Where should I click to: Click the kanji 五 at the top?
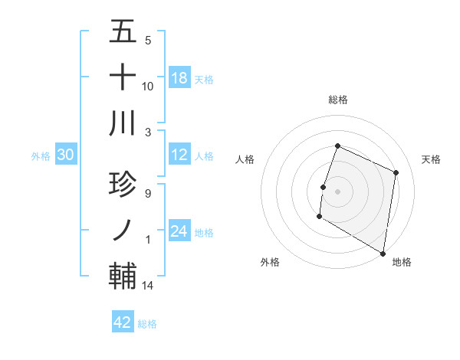coord(123,31)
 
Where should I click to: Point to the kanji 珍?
coord(123,184)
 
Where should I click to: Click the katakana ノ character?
coord(123,229)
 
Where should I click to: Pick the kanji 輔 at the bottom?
coord(123,276)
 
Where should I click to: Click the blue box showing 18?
coord(179,77)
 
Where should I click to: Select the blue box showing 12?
coord(179,155)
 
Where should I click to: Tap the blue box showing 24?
coord(179,232)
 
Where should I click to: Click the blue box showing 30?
coord(66,155)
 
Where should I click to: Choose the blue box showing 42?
coord(123,322)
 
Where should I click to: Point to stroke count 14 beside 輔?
coord(148,286)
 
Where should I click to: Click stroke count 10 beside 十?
coord(148,86)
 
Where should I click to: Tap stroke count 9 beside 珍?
coord(147,193)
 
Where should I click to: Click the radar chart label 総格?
coord(337,100)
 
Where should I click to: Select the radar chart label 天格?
coord(432,159)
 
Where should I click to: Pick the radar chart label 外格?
coord(270,262)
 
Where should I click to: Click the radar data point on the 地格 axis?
coord(383,253)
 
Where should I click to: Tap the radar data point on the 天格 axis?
coord(396,172)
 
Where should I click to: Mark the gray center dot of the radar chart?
coord(337,191)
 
